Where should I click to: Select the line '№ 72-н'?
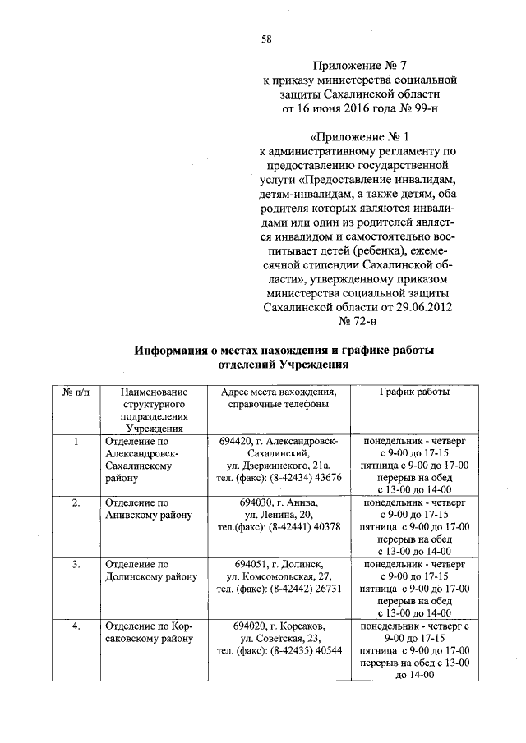coord(357,321)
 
